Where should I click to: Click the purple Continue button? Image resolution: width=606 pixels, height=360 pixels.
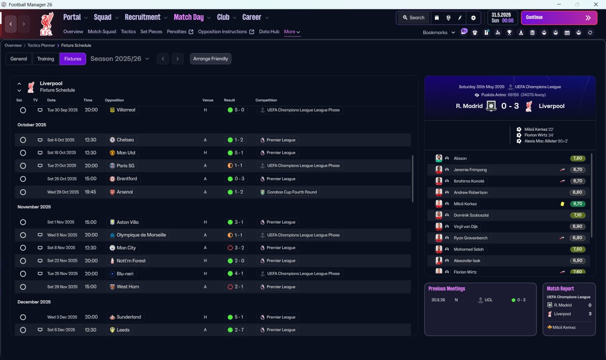click(x=559, y=18)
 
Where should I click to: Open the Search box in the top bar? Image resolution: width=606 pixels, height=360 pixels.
click(x=414, y=18)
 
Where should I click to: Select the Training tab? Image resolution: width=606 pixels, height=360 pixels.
click(x=45, y=59)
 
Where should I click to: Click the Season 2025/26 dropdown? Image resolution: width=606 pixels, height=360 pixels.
click(x=120, y=59)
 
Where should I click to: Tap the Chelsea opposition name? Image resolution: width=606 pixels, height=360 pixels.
click(x=125, y=140)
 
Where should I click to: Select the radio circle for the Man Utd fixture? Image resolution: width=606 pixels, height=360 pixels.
click(x=23, y=153)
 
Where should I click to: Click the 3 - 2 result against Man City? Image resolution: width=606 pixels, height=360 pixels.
click(x=235, y=248)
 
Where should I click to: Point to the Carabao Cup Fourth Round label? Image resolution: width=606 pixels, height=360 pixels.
click(x=292, y=192)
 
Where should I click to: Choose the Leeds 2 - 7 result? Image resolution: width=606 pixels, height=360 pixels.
click(x=235, y=330)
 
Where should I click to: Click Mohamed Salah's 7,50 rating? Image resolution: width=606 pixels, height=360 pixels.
click(x=578, y=249)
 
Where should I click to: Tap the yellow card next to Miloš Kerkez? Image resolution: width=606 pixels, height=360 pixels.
click(x=562, y=204)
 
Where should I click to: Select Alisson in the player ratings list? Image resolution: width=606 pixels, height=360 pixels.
click(x=460, y=158)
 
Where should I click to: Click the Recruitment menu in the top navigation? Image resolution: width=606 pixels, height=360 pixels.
click(x=143, y=18)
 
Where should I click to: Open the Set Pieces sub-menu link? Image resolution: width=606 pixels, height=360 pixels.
click(x=151, y=32)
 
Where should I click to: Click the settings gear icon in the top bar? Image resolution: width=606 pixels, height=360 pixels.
click(x=473, y=18)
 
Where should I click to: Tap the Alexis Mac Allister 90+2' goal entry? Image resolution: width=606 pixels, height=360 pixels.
click(x=546, y=141)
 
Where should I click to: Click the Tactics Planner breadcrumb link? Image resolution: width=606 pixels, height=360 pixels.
click(x=41, y=45)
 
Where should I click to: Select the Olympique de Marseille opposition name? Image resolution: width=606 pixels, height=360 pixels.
click(x=141, y=235)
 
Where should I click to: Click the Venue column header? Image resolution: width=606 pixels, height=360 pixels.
click(x=208, y=100)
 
